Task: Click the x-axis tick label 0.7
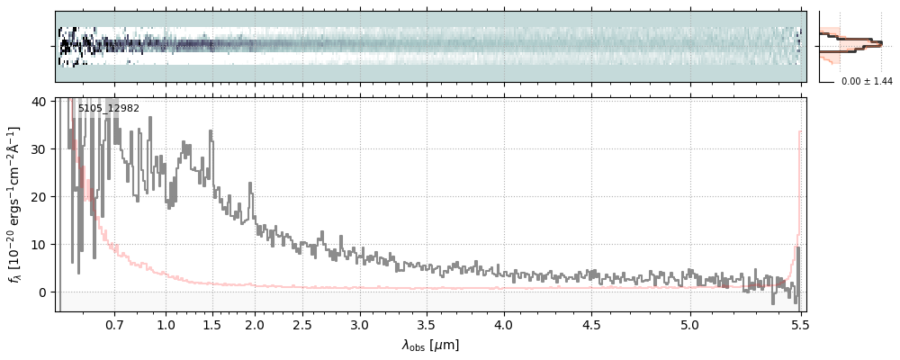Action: click(x=114, y=325)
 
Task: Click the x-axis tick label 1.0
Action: click(x=166, y=325)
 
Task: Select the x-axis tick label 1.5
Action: click(x=211, y=325)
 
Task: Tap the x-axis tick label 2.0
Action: click(x=255, y=325)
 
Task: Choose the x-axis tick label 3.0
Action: click(x=360, y=325)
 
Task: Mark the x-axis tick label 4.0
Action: click(x=504, y=325)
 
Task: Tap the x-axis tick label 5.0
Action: click(x=690, y=325)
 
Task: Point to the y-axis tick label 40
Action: click(x=40, y=102)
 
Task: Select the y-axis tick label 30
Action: click(x=40, y=148)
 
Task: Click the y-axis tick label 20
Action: click(x=40, y=196)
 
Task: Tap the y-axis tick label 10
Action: click(x=40, y=244)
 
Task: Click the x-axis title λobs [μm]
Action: click(x=430, y=345)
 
